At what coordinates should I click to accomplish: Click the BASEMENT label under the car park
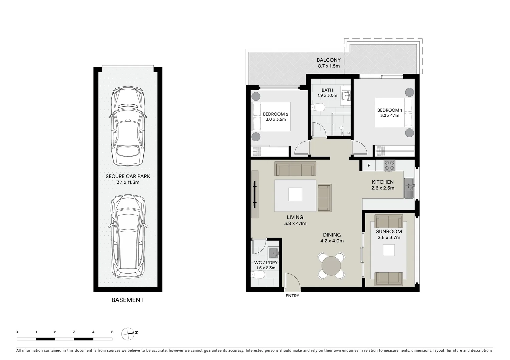(127, 300)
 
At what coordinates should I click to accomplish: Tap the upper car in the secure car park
(128, 126)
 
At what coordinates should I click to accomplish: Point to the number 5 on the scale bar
(112, 332)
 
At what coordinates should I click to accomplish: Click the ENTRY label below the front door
(292, 296)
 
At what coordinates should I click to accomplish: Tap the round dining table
(331, 266)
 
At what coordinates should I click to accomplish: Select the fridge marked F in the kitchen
(369, 165)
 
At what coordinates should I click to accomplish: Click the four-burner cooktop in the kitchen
(389, 166)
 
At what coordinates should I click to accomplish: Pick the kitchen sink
(409, 188)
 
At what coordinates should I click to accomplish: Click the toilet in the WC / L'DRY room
(258, 275)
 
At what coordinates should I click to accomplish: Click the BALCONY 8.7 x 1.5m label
(329, 63)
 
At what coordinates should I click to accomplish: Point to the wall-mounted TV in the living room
(255, 194)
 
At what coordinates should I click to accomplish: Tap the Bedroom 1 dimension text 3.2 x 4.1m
(389, 116)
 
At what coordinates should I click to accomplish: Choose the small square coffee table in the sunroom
(389, 250)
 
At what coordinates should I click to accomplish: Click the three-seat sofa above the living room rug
(295, 169)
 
